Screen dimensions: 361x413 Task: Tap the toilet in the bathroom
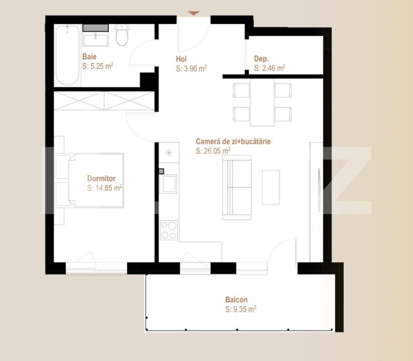pyautogui.click(x=122, y=35)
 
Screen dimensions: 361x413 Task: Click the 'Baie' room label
pyautogui.click(x=89, y=57)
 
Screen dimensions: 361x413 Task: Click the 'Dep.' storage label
pyautogui.click(x=260, y=58)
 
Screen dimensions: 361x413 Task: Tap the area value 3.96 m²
pyautogui.click(x=192, y=69)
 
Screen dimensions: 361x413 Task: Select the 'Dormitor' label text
pyautogui.click(x=101, y=178)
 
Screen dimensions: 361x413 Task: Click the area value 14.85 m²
pyautogui.click(x=104, y=188)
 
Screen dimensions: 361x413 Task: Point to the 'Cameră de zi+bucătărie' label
pyautogui.click(x=233, y=141)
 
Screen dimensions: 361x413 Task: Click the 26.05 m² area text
pyautogui.click(x=213, y=150)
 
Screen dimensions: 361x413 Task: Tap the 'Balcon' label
pyautogui.click(x=236, y=300)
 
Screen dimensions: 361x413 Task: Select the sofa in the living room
pyautogui.click(x=237, y=187)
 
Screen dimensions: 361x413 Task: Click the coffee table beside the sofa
pyautogui.click(x=271, y=187)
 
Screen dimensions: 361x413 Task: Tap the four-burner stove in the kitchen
pyautogui.click(x=169, y=230)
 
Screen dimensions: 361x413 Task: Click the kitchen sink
pyautogui.click(x=169, y=184)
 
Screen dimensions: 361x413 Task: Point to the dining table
pyautogui.click(x=262, y=104)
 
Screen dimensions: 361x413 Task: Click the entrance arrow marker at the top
pyautogui.click(x=194, y=13)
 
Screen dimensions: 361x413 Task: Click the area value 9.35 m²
pyautogui.click(x=241, y=309)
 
